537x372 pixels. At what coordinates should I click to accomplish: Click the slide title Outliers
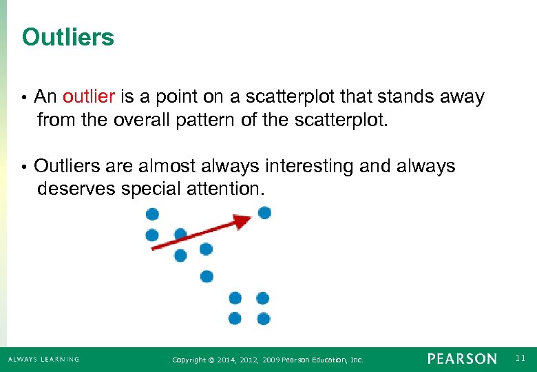click(67, 37)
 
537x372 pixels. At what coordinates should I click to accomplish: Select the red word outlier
click(90, 97)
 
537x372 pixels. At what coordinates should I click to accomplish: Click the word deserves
click(76, 189)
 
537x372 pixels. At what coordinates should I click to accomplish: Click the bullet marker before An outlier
click(24, 98)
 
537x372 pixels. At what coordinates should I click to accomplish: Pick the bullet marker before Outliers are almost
click(24, 167)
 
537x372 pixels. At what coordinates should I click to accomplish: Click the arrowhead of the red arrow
click(242, 221)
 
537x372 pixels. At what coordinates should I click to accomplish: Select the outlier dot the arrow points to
click(264, 213)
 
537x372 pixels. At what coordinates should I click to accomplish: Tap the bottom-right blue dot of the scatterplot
click(263, 318)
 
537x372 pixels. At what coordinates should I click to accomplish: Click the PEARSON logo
click(461, 359)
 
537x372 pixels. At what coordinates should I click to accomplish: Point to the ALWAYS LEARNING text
click(43, 359)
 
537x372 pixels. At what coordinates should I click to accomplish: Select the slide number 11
click(520, 358)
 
